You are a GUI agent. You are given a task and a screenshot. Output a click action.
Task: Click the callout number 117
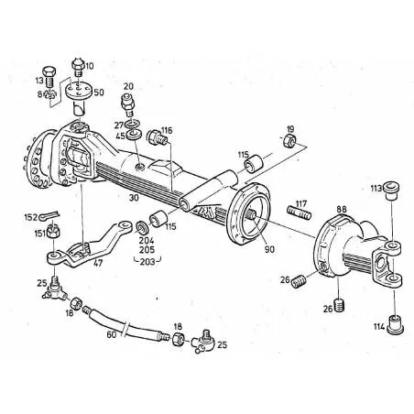click(x=301, y=203)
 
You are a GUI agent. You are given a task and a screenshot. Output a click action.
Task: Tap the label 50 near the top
click(x=98, y=93)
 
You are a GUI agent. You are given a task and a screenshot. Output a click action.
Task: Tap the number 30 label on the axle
click(x=134, y=197)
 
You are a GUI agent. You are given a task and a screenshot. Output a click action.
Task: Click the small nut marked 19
click(x=289, y=142)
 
